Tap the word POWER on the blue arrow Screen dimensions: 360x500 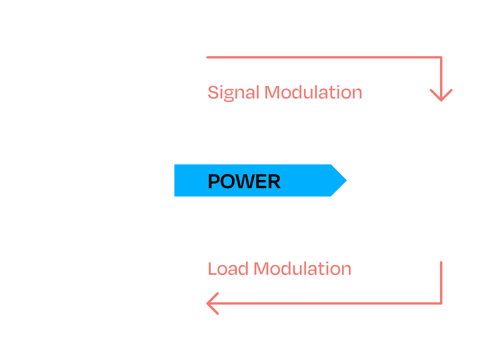(244, 181)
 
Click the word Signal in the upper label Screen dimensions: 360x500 (233, 92)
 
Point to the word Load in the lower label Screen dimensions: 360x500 (228, 268)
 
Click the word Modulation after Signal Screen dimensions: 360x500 (313, 92)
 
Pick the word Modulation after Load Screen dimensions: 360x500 (302, 268)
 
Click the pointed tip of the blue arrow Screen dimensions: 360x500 (345, 180)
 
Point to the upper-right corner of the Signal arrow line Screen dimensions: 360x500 (441, 57)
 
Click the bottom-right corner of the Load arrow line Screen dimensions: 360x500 (441, 303)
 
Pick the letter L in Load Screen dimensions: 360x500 (212, 268)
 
